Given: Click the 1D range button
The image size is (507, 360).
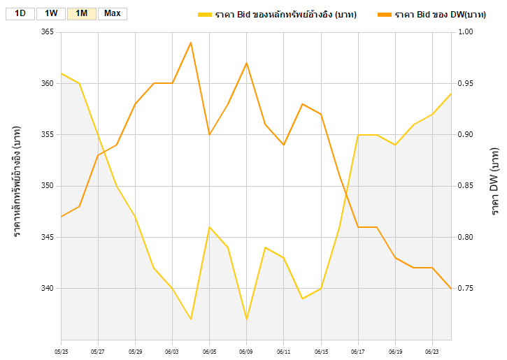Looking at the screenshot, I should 20,13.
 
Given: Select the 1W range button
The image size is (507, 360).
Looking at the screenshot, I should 51,13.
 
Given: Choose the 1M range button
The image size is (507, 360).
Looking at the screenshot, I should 81,13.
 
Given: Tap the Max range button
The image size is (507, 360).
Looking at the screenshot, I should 112,13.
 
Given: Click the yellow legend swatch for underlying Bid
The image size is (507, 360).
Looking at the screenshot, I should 204,14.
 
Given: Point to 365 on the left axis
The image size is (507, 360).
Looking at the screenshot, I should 47,32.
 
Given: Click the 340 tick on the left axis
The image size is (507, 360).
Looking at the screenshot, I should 47,288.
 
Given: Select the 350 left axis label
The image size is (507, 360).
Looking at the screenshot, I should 47,186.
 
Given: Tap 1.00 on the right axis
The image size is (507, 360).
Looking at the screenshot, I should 466,32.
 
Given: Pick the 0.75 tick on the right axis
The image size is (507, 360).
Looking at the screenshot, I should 466,288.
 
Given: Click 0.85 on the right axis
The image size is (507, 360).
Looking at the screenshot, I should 466,186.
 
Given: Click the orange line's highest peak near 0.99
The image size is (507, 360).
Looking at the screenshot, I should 191,43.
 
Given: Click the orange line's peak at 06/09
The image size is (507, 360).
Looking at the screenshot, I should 246,63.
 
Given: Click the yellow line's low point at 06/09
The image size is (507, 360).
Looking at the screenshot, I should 246,319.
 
